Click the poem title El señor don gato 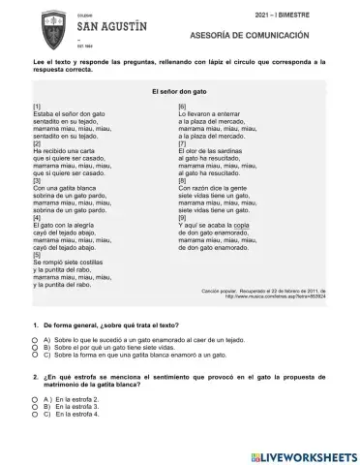(180, 90)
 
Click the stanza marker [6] (182, 104)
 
